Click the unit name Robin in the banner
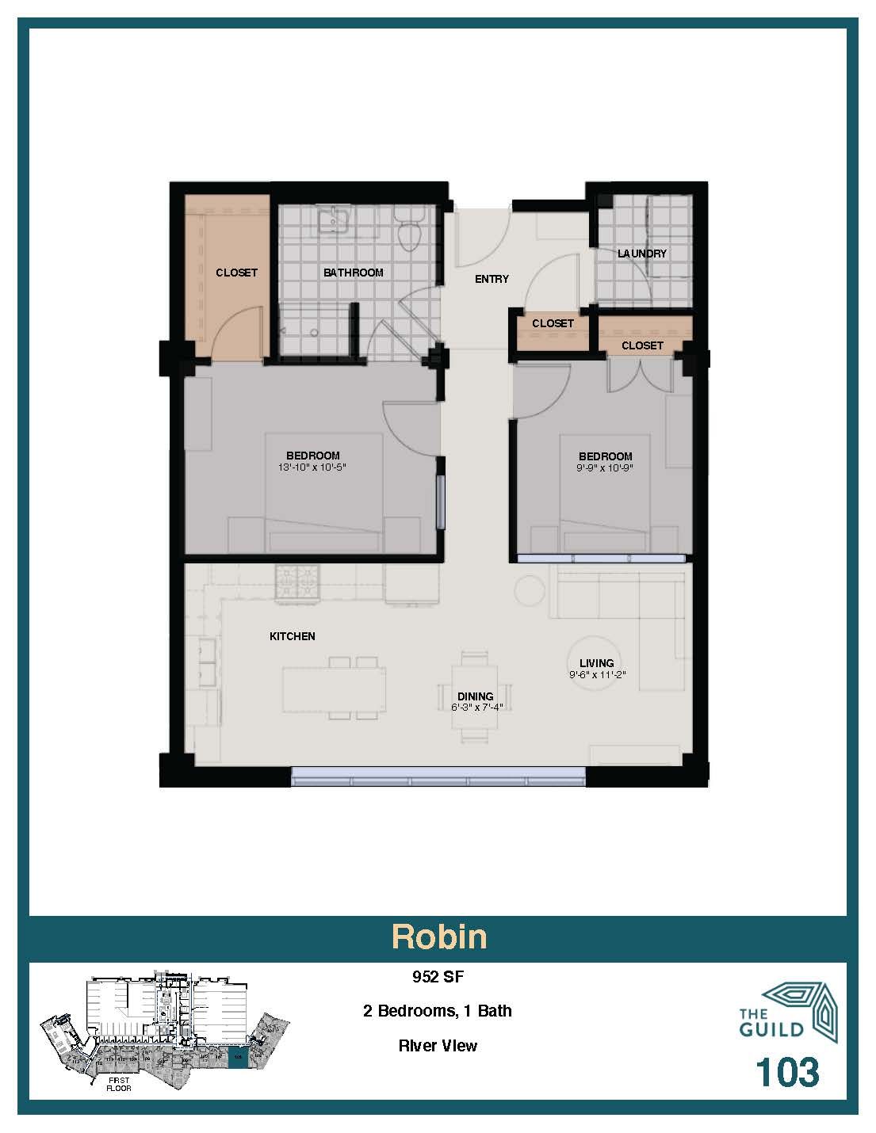pyautogui.click(x=438, y=937)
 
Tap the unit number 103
pyautogui.click(x=786, y=1072)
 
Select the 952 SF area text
pyautogui.click(x=438, y=977)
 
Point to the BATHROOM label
pyautogui.click(x=353, y=273)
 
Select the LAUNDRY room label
pyautogui.click(x=642, y=254)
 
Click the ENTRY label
pyautogui.click(x=492, y=279)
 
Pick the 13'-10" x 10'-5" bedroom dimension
pyautogui.click(x=313, y=467)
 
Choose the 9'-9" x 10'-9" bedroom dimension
pyautogui.click(x=605, y=467)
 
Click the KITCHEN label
pyautogui.click(x=293, y=636)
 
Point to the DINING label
pyautogui.click(x=476, y=696)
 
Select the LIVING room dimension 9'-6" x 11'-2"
pyautogui.click(x=596, y=675)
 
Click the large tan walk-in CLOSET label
pyautogui.click(x=236, y=273)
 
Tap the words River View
pyautogui.click(x=438, y=1046)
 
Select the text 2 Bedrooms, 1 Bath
pyautogui.click(x=438, y=1011)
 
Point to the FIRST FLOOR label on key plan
pyautogui.click(x=119, y=1084)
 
